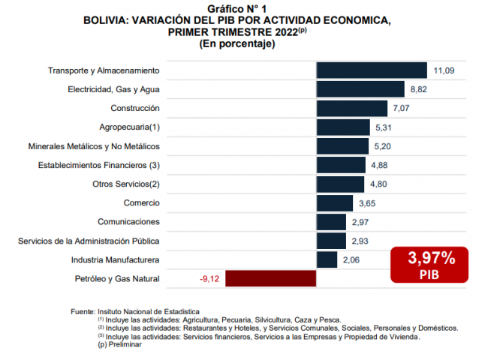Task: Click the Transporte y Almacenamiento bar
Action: point(372,70)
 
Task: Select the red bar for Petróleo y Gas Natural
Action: point(271,279)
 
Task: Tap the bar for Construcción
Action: point(351,108)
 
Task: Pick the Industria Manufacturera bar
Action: point(327,259)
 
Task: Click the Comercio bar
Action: point(335,202)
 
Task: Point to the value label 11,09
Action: point(444,70)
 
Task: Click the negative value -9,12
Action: point(209,279)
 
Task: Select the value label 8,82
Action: point(419,89)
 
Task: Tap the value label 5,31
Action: point(384,127)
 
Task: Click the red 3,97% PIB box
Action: point(431,265)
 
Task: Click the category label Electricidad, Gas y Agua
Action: point(113,89)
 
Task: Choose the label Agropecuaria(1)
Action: point(129,127)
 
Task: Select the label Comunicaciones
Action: point(128,222)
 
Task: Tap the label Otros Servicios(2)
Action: point(126,184)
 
